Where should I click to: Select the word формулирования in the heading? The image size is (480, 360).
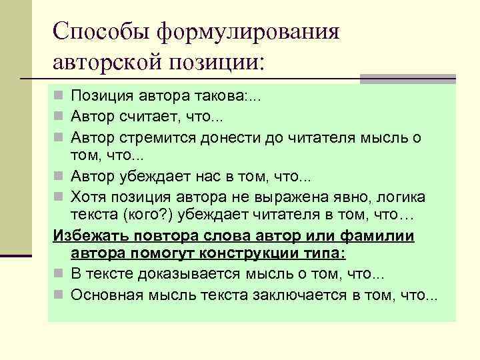tap(248, 31)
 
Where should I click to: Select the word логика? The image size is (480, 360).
tap(399, 197)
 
